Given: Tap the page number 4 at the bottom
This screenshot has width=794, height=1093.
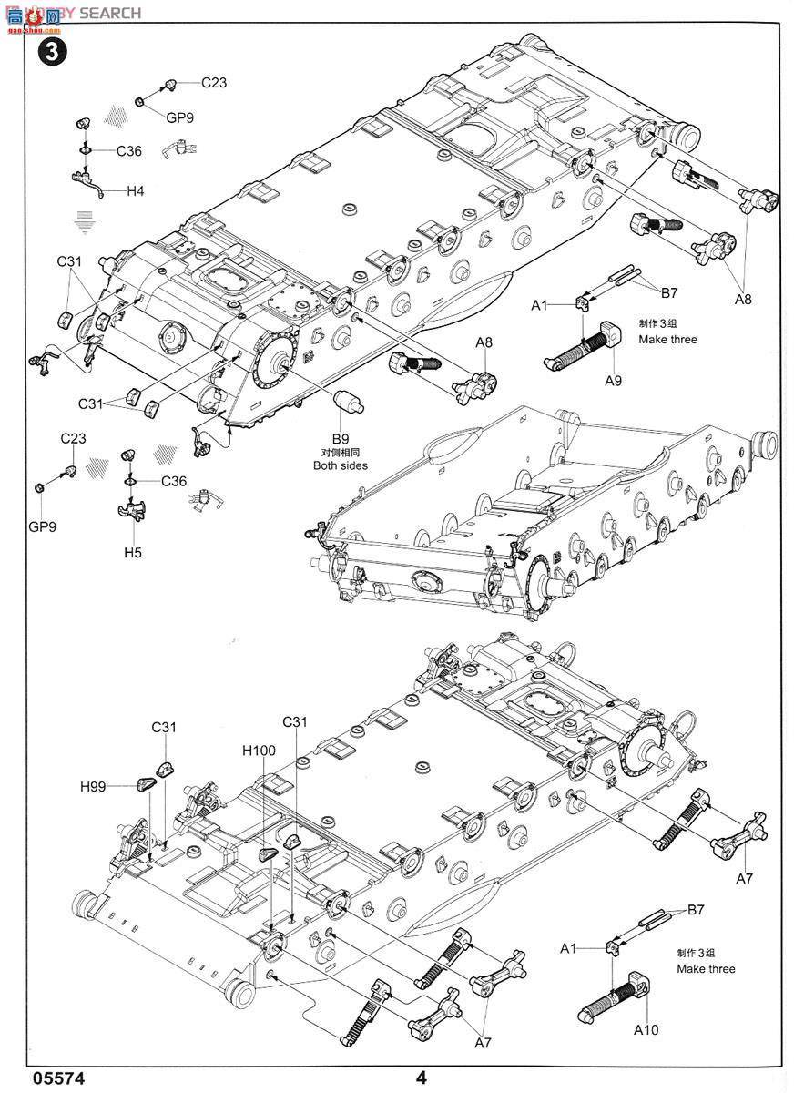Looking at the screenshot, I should point(421,1078).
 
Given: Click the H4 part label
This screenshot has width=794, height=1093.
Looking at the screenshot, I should point(135,191).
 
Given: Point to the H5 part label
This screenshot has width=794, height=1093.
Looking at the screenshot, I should point(133,552).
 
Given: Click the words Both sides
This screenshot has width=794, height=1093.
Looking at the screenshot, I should point(341,465).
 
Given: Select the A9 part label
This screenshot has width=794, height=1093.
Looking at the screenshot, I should point(613,381).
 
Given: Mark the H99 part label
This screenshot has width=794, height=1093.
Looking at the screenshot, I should point(93,786).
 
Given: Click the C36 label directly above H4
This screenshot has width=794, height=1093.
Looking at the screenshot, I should point(128,151).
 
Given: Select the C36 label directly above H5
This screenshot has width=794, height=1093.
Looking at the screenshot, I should point(174,481).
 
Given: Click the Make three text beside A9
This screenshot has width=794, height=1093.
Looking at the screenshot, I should point(667,339).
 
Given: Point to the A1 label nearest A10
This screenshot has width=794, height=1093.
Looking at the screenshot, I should point(569,948).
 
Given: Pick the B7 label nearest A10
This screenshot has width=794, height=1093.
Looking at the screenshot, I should point(697,909).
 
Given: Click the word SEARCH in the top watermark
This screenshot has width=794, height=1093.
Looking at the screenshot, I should point(109,13).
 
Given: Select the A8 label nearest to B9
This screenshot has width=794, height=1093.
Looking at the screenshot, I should point(484,342).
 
